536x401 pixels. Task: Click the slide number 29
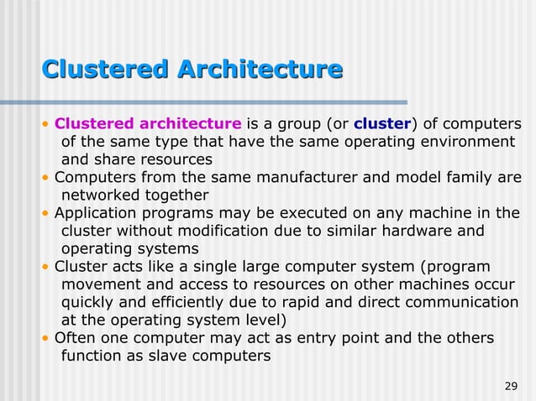[x=510, y=386]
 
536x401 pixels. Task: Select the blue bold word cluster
[x=382, y=124]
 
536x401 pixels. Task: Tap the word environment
[x=465, y=142]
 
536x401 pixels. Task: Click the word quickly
[x=90, y=302]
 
